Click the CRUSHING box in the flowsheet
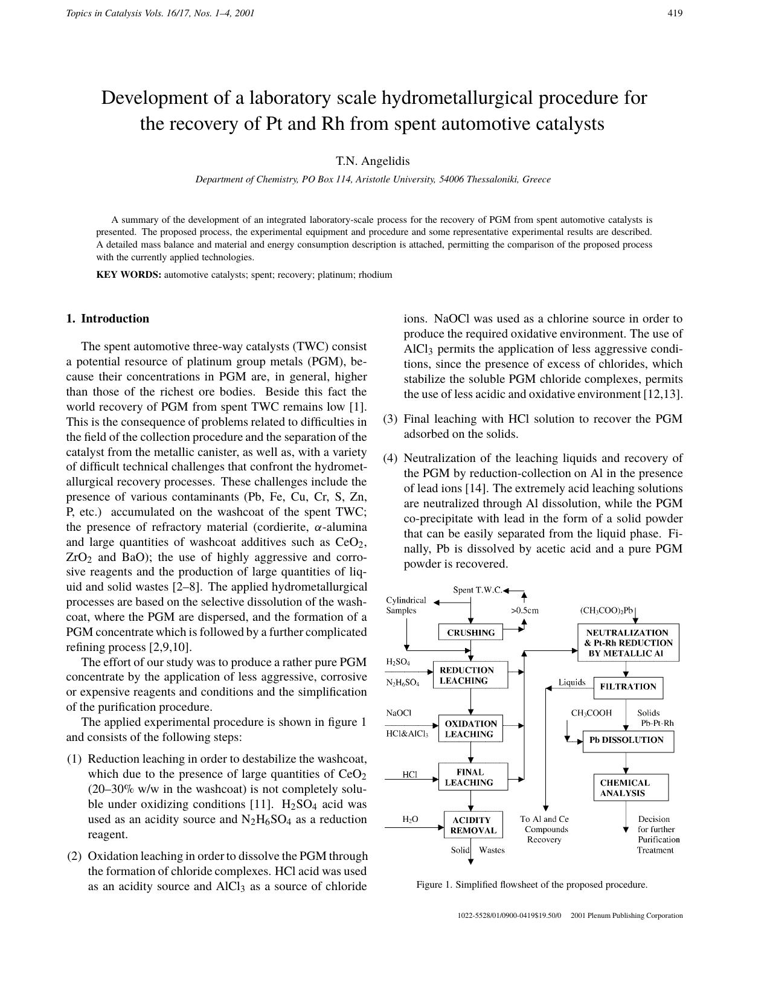click(471, 632)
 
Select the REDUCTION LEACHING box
click(470, 675)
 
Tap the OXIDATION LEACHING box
click(470, 729)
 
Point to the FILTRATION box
click(628, 687)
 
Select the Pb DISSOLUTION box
click(627, 740)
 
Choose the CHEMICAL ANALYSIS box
click(630, 787)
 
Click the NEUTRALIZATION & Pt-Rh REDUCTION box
click(628, 643)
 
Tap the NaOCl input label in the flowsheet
click(399, 713)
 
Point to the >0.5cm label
click(524, 610)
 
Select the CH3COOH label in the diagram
click(591, 713)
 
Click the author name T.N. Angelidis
click(373, 161)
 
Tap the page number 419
click(675, 13)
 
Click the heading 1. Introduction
click(107, 318)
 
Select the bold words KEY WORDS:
click(129, 275)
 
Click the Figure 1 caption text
click(531, 885)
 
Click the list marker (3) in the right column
click(390, 418)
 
